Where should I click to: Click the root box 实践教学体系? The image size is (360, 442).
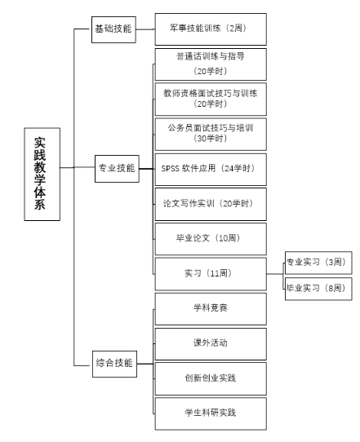pos(42,174)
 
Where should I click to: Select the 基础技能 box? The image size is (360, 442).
pos(113,29)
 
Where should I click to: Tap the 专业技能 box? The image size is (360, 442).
pos(117,169)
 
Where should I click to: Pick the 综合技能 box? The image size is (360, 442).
pos(114,364)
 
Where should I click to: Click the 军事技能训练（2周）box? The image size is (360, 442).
pos(211,29)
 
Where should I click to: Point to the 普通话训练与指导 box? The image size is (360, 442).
pos(211,64)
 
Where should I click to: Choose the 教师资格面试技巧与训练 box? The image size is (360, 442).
pos(211,99)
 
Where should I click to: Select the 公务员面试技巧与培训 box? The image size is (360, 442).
pos(211,135)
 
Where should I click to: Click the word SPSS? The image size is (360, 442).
pos(170,169)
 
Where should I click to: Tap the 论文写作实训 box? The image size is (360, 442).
pos(211,205)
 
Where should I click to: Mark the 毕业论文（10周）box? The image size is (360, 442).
pos(211,239)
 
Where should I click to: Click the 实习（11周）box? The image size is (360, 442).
pos(211,274)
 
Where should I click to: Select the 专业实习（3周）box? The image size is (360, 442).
pos(318,263)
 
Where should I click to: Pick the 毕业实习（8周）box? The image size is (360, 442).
pos(318,289)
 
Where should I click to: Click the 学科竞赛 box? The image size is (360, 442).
pos(211,309)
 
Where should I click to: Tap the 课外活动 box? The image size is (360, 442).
pos(211,344)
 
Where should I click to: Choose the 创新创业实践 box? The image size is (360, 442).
pos(211,379)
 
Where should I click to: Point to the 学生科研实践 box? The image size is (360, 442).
pos(211,413)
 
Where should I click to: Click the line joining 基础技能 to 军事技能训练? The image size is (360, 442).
pos(145,29)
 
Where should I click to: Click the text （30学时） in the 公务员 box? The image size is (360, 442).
pos(211,138)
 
